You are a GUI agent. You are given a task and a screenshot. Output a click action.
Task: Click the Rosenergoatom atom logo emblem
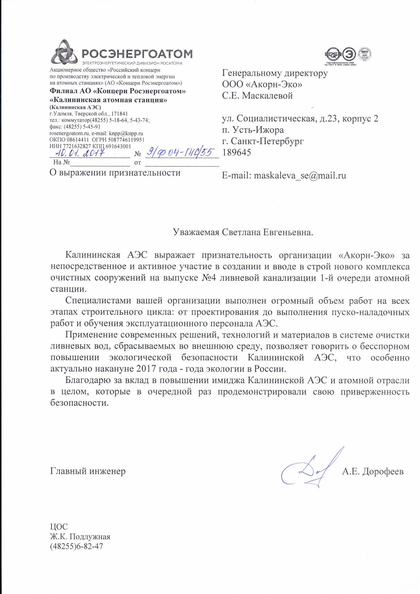pyautogui.click(x=64, y=53)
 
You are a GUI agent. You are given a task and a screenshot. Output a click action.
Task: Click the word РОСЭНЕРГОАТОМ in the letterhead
pyautogui.click(x=137, y=54)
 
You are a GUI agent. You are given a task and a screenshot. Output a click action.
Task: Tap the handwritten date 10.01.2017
pyautogui.click(x=80, y=153)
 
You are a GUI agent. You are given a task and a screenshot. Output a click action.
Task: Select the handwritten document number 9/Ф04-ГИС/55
pyautogui.click(x=180, y=152)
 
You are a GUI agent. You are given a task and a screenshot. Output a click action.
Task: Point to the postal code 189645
pyautogui.click(x=237, y=153)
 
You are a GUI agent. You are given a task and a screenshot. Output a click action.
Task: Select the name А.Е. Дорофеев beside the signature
pyautogui.click(x=373, y=471)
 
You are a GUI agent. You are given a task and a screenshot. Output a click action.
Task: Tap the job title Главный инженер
pyautogui.click(x=88, y=471)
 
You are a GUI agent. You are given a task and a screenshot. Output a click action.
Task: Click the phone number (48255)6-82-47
pyautogui.click(x=76, y=547)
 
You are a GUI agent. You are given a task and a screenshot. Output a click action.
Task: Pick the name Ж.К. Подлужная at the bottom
pyautogui.click(x=80, y=537)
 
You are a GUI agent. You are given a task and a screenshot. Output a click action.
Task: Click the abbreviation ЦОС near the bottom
pyautogui.click(x=59, y=527)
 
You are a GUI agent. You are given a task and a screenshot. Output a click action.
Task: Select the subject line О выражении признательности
pyautogui.click(x=115, y=173)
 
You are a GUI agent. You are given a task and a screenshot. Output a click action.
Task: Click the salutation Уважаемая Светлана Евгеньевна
pyautogui.click(x=243, y=232)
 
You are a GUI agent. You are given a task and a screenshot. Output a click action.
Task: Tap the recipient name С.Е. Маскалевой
pyautogui.click(x=257, y=96)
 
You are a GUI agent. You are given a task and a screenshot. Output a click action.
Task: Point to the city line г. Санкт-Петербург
pyautogui.click(x=263, y=141)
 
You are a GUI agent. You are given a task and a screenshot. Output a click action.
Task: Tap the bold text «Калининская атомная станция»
pyautogui.click(x=109, y=100)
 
